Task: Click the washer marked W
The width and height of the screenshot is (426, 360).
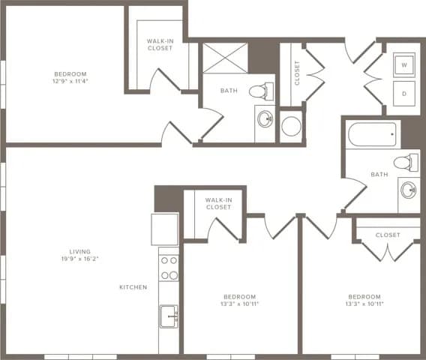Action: (x=405, y=65)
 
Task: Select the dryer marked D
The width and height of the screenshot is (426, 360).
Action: (x=405, y=94)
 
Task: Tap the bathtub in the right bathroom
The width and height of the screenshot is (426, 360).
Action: (x=373, y=136)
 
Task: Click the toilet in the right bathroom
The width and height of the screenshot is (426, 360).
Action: (x=406, y=160)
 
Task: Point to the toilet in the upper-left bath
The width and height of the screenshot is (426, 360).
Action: (x=259, y=91)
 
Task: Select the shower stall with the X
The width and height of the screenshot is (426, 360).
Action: (x=226, y=57)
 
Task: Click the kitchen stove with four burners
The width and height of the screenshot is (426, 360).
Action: (x=169, y=268)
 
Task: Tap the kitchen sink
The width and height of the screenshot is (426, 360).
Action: (x=169, y=316)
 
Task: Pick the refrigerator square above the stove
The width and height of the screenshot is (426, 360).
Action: (x=164, y=229)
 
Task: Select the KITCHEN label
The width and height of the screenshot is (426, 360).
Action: (x=133, y=287)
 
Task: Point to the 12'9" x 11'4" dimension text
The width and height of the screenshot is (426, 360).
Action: (x=70, y=82)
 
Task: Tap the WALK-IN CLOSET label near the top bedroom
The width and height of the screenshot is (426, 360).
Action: (x=159, y=44)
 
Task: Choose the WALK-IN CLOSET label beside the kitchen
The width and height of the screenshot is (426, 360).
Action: (x=218, y=203)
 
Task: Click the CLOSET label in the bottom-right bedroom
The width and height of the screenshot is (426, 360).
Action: (x=388, y=235)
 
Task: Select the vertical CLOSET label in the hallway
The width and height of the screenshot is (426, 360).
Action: (x=297, y=73)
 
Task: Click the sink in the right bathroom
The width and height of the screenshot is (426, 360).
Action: (x=409, y=190)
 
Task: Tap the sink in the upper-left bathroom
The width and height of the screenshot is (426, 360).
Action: (x=265, y=118)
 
